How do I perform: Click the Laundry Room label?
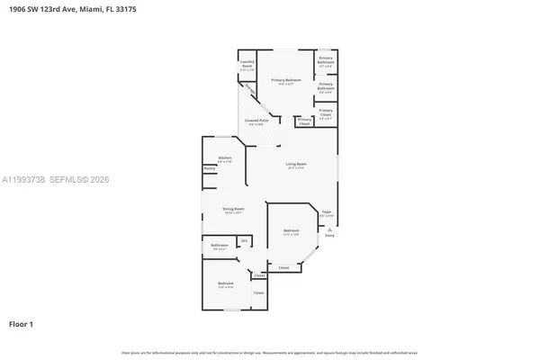pos(247,65)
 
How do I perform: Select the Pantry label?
pos(209,167)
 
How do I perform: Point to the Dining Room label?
pos(235,211)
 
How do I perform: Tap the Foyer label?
pos(327,213)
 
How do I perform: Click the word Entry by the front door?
pos(329,236)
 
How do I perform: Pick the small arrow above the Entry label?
pos(329,229)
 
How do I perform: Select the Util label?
pos(243,240)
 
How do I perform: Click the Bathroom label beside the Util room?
pos(220,246)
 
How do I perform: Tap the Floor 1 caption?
pos(21,323)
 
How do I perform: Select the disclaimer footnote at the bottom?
pos(269,353)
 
